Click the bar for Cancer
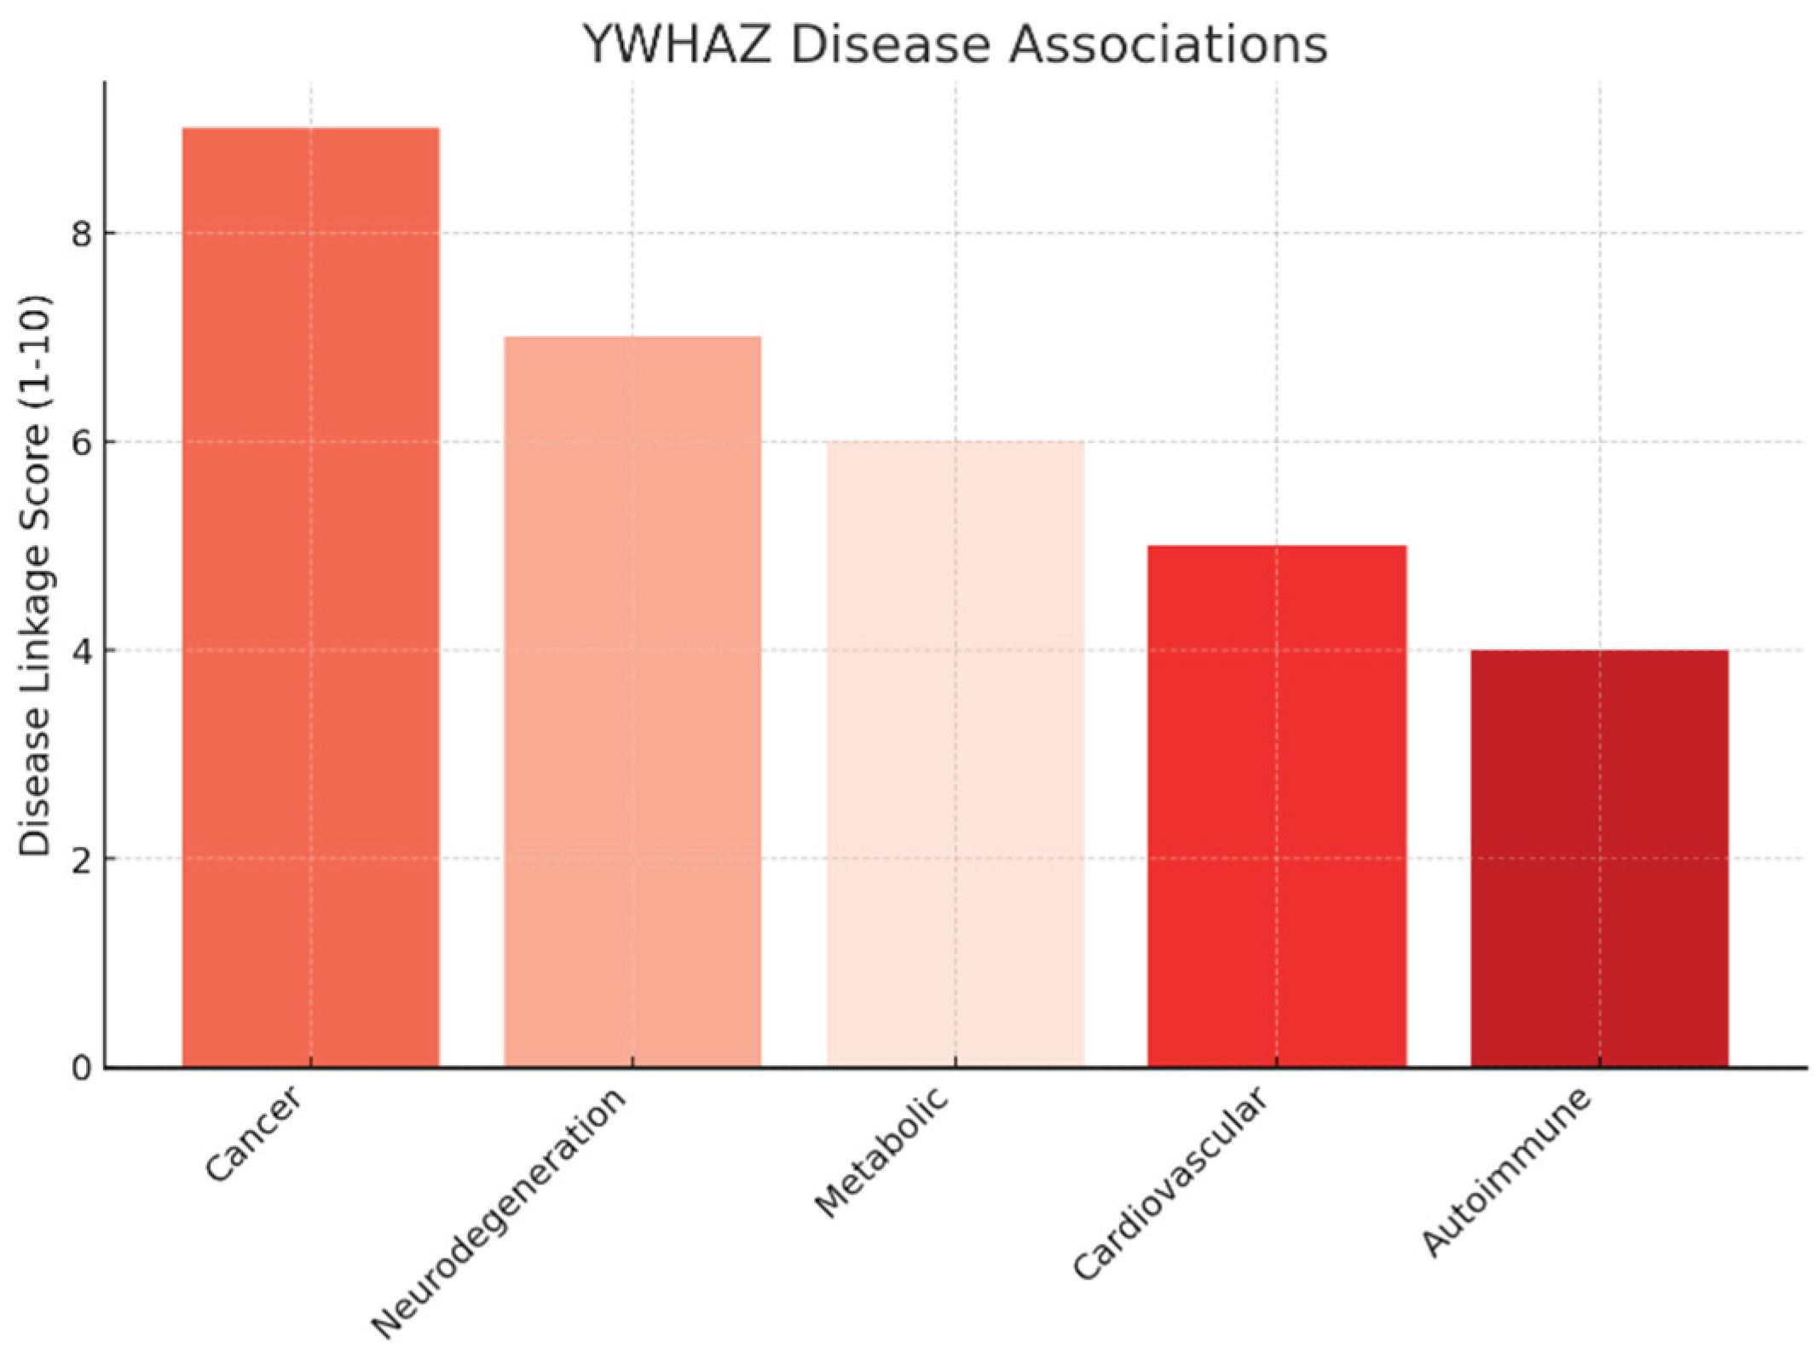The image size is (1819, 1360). point(310,596)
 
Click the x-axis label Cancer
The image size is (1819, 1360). point(253,1134)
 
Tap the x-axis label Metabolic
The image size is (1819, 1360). point(881,1151)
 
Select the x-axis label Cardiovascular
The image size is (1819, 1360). point(1169,1184)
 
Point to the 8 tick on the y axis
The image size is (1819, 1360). point(82,233)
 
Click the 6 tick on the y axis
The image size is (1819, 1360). point(82,442)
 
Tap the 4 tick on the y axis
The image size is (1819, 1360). point(82,651)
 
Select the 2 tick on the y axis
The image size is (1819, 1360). point(82,859)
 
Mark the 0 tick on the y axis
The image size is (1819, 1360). point(82,1068)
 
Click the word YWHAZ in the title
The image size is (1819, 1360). point(678,44)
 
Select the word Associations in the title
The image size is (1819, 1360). point(1168,44)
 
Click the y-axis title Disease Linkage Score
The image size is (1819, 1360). point(36,575)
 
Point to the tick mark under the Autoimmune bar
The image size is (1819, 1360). point(1599,1062)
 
